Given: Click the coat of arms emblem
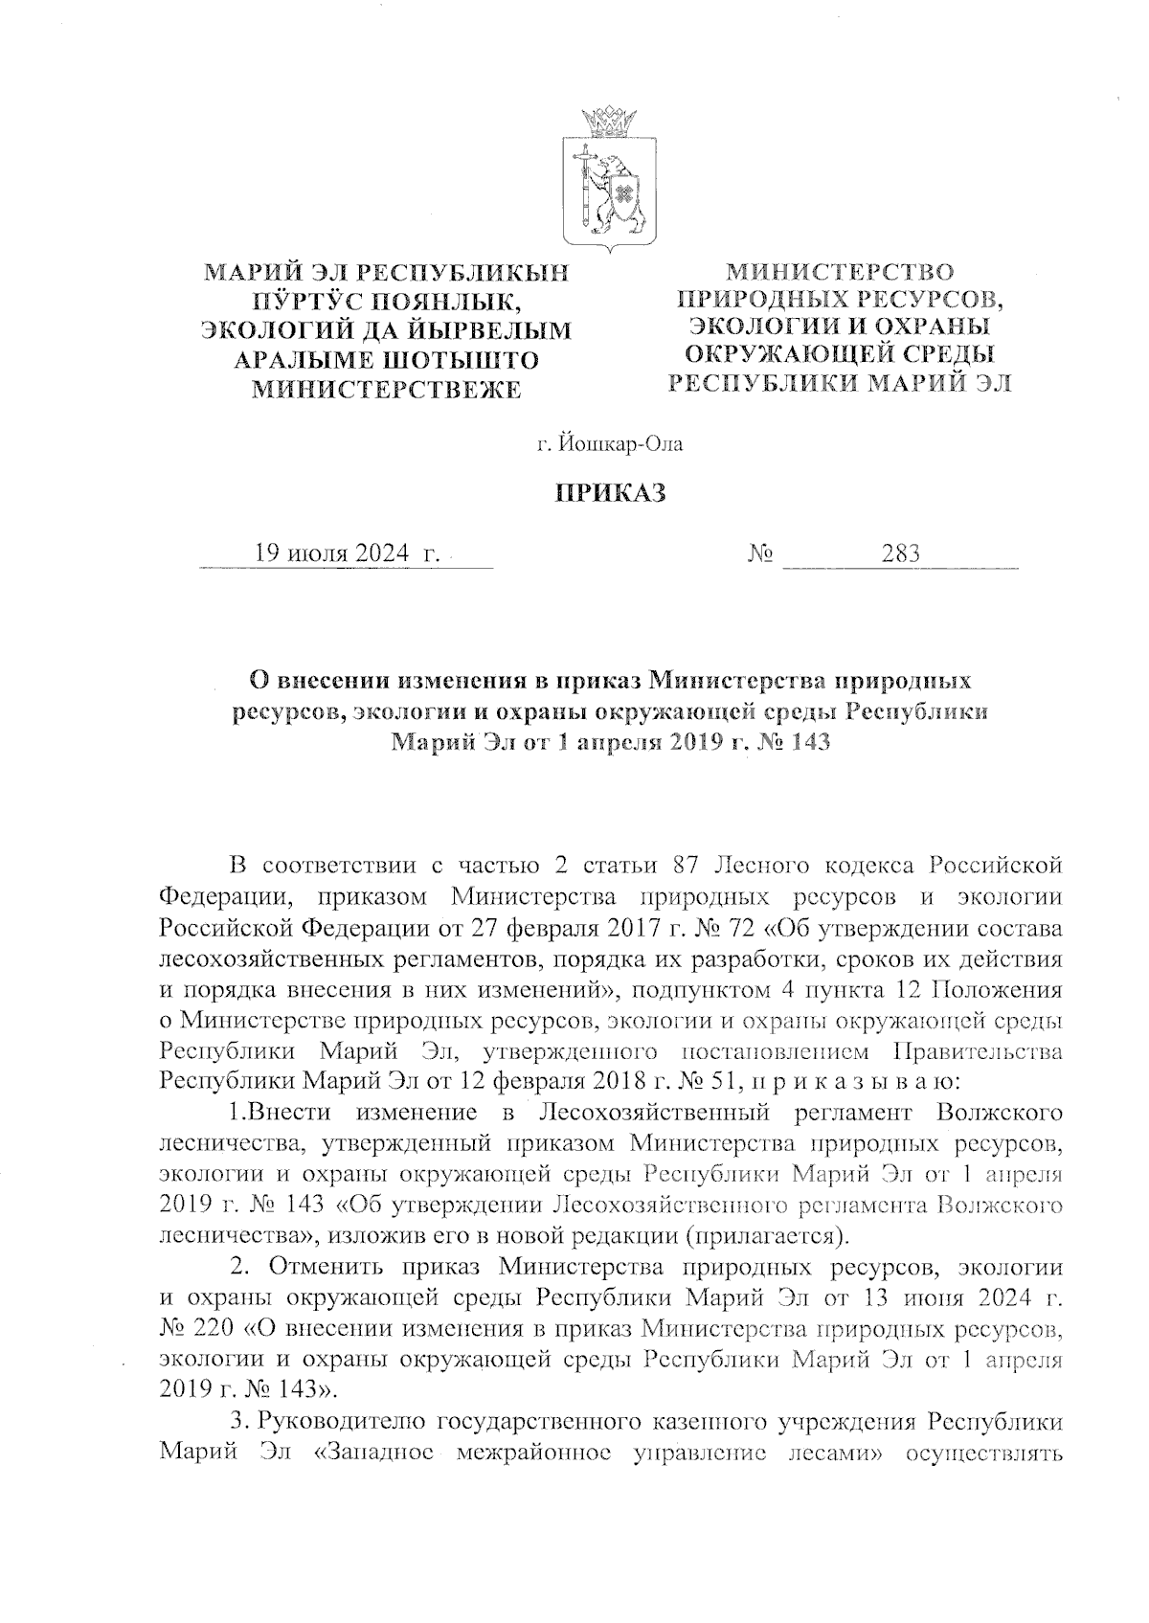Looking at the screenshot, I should (x=608, y=181).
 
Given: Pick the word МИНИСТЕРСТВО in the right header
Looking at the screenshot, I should (x=840, y=272).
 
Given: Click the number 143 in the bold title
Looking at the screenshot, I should (x=804, y=741).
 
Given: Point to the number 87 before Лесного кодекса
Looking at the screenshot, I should (x=691, y=867).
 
